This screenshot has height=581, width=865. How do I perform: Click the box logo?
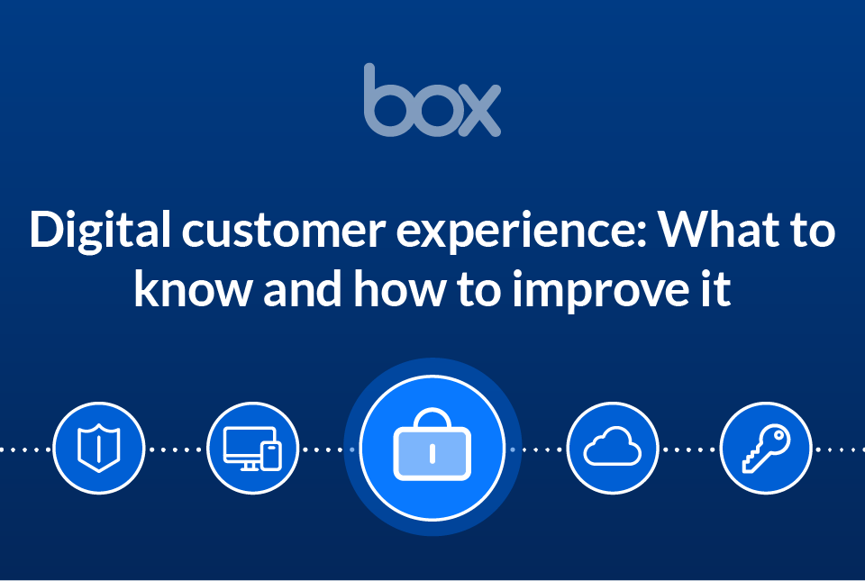(x=432, y=101)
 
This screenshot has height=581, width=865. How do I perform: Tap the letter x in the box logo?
(x=478, y=111)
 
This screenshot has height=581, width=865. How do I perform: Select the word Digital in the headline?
(x=97, y=231)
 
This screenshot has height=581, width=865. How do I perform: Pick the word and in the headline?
(x=298, y=290)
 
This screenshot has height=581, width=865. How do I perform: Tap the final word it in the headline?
(x=715, y=290)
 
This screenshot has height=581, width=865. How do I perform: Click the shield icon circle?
(x=99, y=448)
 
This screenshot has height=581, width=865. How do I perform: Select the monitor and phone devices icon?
(x=252, y=448)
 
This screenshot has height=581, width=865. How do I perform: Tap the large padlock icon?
(x=432, y=447)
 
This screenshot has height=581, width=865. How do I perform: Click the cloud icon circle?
(x=613, y=448)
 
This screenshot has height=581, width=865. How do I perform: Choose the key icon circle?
(x=766, y=448)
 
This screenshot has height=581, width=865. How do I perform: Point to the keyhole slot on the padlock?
(x=432, y=453)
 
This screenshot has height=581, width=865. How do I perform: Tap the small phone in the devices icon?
(x=270, y=454)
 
